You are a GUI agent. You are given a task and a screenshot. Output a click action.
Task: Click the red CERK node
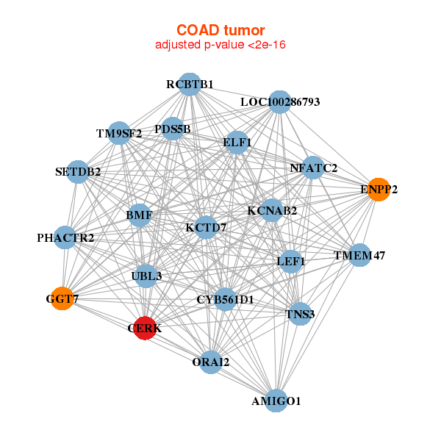click(145, 328)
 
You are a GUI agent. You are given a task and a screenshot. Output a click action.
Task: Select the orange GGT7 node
click(62, 298)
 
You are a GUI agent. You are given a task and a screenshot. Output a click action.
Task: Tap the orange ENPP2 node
click(379, 190)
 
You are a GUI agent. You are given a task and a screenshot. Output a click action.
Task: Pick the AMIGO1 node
click(276, 401)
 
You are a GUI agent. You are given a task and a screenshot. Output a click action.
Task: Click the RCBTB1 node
click(190, 85)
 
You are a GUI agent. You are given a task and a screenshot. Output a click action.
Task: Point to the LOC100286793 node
click(279, 102)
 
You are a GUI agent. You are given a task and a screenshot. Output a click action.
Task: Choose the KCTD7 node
click(206, 227)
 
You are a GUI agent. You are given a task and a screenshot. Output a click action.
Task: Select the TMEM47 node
click(359, 255)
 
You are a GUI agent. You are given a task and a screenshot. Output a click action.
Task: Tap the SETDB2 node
click(78, 172)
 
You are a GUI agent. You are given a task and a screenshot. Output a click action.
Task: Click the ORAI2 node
click(211, 362)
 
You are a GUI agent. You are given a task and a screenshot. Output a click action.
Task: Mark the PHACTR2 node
click(65, 237)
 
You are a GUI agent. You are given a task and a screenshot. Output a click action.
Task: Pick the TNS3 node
click(300, 314)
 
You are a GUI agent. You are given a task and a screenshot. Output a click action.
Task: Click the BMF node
click(139, 215)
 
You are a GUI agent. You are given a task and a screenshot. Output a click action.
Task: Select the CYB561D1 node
click(225, 299)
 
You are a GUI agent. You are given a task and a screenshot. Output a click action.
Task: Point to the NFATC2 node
click(313, 168)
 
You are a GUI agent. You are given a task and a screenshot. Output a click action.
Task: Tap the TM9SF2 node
click(119, 133)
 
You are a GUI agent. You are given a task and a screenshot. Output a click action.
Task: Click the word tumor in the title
click(245, 30)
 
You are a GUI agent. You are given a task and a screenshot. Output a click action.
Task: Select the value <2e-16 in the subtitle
click(267, 45)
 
